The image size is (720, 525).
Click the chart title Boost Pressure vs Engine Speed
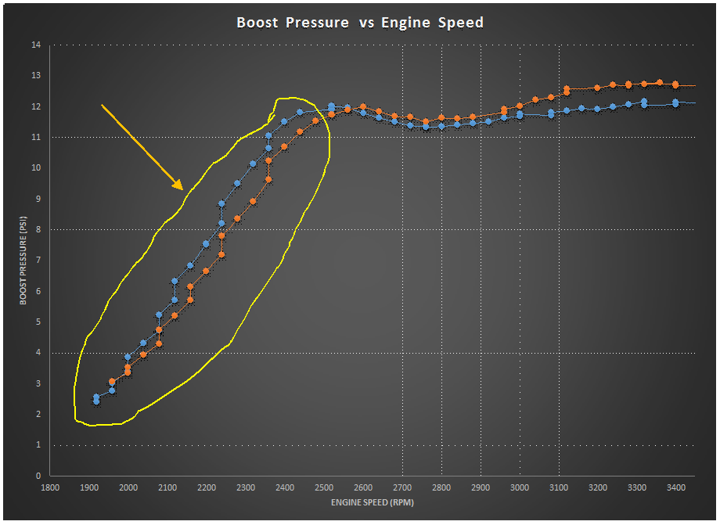coord(360,23)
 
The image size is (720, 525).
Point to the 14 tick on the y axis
coord(35,45)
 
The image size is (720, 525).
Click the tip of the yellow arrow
coord(182,189)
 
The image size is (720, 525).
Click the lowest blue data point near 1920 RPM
coord(96,401)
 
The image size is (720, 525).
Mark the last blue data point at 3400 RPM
coord(675,102)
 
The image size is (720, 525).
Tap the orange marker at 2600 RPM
coord(363,106)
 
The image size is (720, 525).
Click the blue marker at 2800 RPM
coord(441,126)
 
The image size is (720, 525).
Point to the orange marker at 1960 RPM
coord(112,382)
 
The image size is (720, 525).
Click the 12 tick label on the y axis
coord(35,107)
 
